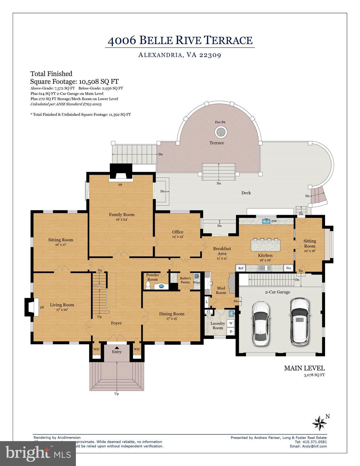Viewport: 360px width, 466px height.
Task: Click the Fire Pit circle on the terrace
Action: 221,132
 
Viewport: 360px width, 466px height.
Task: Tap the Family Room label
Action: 121,214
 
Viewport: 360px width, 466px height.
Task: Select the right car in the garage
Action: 299,322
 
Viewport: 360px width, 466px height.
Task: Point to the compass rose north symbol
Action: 319,423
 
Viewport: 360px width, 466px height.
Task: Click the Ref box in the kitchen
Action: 241,268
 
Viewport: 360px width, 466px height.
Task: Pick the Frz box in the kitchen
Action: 288,268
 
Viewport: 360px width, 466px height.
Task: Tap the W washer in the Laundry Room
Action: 231,323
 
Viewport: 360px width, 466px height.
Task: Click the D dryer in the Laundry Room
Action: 231,331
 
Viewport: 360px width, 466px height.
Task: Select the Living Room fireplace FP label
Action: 42,307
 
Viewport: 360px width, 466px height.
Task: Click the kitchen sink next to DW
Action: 266,221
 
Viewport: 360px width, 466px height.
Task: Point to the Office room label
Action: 178,232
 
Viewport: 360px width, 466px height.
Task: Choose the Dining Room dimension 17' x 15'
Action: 172,319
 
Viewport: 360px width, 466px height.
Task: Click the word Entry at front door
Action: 117,352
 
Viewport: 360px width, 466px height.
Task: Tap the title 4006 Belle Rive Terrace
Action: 180,40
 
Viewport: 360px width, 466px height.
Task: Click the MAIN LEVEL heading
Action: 304,368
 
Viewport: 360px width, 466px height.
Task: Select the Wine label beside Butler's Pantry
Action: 196,282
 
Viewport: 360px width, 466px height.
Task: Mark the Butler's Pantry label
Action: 185,280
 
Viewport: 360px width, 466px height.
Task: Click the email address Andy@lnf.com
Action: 308,446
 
